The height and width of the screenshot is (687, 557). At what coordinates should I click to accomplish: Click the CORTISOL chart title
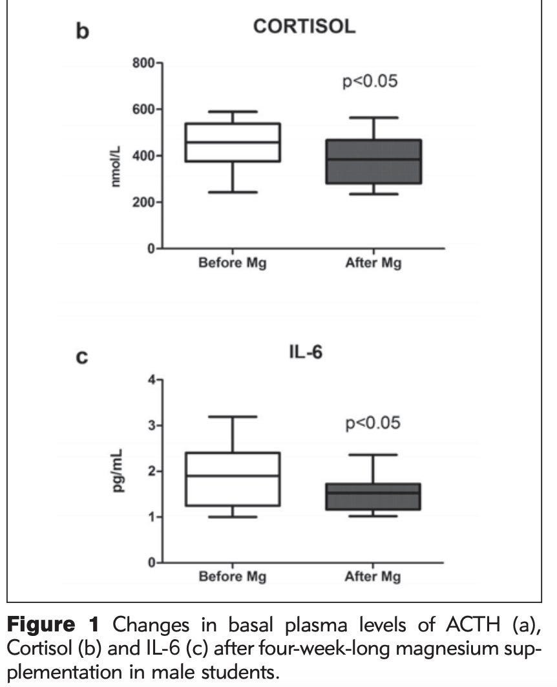(304, 26)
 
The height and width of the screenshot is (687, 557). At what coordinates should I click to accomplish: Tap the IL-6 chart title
(306, 352)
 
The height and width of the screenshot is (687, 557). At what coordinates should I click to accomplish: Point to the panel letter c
(82, 358)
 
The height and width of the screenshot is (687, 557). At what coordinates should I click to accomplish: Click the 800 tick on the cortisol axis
(143, 63)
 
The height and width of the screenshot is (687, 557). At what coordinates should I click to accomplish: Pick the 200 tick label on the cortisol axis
(143, 202)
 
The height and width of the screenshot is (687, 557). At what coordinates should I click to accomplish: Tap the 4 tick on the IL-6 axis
(152, 379)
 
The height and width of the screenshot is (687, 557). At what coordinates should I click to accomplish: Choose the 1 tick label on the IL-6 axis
(152, 517)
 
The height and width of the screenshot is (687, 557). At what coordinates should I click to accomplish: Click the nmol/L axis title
(115, 166)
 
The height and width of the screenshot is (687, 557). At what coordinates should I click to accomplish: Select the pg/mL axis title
(118, 470)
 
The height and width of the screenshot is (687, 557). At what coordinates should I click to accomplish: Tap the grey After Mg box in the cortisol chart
(373, 161)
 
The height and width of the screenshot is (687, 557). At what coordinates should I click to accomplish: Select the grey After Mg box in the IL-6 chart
(373, 496)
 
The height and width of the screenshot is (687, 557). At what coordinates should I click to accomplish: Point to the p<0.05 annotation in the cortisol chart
(370, 81)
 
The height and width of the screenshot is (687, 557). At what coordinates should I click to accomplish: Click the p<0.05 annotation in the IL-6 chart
(373, 423)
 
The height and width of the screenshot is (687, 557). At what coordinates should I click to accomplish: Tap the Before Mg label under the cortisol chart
(233, 263)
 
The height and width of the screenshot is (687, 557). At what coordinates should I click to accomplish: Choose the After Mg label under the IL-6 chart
(373, 576)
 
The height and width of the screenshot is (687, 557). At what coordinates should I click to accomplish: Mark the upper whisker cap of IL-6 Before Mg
(233, 417)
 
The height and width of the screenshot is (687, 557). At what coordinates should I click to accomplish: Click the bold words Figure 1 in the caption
(54, 624)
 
